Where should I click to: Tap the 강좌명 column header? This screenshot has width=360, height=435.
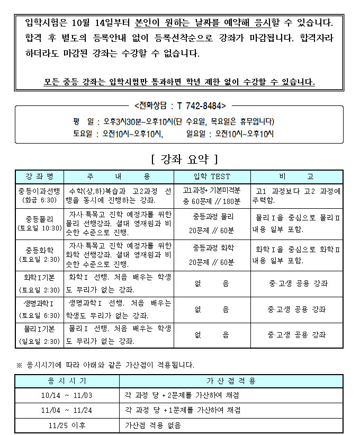40,176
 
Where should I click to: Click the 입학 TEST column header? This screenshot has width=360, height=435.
212,176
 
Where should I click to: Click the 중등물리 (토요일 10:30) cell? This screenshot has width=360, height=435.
40,223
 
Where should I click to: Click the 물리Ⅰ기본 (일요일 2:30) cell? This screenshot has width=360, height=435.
40,335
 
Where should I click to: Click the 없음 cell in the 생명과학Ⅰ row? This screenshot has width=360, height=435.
212,309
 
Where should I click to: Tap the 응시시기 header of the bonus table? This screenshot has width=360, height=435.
67,381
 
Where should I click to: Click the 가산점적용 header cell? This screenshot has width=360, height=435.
231,381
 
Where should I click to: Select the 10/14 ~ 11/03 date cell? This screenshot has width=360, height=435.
67,395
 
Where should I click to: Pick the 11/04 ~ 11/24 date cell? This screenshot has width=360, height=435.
67,410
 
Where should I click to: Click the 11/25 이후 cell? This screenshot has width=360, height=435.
67,425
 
